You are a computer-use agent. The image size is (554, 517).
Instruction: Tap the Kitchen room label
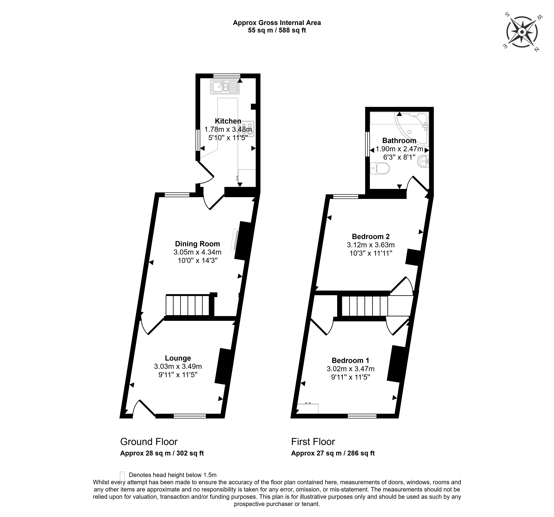tap(228, 121)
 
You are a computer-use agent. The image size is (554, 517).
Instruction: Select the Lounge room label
tap(178, 358)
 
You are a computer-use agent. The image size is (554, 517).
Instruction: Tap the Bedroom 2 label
tap(371, 236)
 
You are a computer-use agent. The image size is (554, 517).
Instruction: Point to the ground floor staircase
tap(187, 305)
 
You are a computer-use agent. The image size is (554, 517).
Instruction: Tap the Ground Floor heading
tap(149, 442)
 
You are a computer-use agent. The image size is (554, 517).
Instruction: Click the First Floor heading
tap(313, 442)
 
